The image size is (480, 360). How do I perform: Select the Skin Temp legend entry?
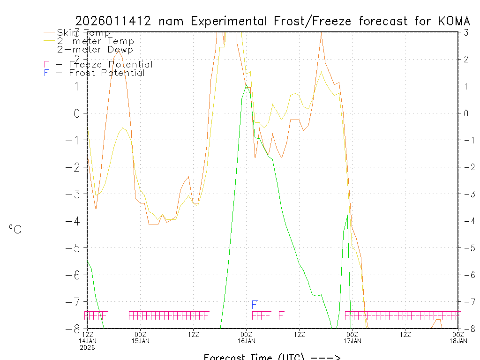click(x=83, y=33)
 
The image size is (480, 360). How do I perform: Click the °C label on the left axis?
click(x=15, y=229)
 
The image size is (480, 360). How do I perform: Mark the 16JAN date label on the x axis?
click(x=247, y=341)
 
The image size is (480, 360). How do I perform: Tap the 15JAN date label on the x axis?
click(x=141, y=341)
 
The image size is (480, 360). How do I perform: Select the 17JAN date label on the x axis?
click(x=352, y=341)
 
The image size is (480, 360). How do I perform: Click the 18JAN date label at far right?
click(x=458, y=341)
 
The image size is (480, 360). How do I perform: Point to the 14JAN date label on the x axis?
click(x=88, y=341)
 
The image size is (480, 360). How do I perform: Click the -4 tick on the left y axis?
click(x=76, y=221)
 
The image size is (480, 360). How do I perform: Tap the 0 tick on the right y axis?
click(x=466, y=113)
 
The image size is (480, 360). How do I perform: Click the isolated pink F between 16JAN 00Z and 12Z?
click(x=281, y=315)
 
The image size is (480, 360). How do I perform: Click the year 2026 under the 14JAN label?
click(x=88, y=347)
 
